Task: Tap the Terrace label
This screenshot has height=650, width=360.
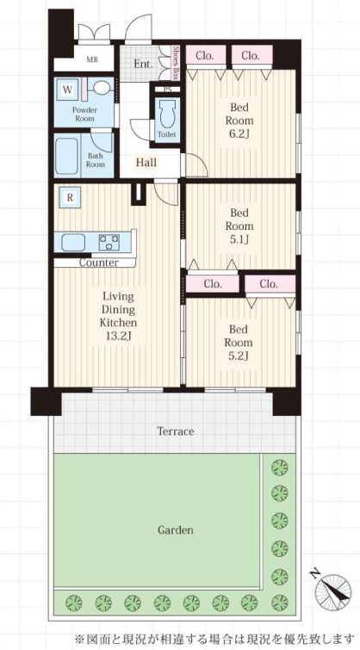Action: (176, 431)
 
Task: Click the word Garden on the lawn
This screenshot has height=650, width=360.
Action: (175, 529)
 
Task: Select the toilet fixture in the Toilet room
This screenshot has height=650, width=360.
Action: (167, 114)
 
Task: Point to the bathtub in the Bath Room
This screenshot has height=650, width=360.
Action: (66, 157)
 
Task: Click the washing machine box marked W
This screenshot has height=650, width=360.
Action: (67, 89)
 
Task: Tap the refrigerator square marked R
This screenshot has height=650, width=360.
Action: (70, 198)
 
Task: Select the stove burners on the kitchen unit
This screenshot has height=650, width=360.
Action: (109, 242)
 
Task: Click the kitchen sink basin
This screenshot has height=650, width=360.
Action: (73, 242)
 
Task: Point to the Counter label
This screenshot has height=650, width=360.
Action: (99, 263)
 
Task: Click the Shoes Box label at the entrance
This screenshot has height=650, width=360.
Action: (176, 62)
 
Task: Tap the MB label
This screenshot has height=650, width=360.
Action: (92, 59)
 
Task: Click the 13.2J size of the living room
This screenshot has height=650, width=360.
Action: (118, 336)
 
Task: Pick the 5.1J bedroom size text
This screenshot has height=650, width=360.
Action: (239, 239)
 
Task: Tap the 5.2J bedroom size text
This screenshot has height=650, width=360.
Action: (239, 356)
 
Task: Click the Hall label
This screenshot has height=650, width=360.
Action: (146, 163)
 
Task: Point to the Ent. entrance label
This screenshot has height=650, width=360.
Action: (143, 65)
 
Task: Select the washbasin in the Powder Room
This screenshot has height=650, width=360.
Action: (102, 88)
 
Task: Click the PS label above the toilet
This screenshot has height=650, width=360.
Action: (168, 90)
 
